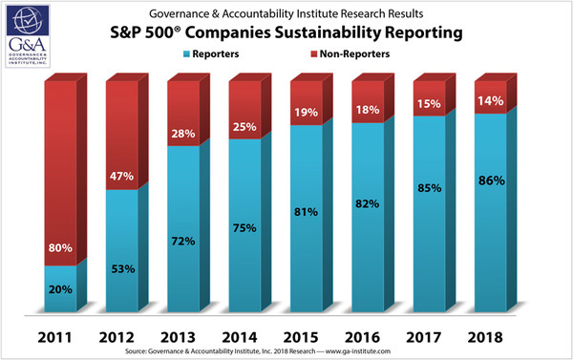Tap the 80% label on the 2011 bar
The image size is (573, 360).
(x=60, y=249)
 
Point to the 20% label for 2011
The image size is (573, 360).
(x=59, y=289)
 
